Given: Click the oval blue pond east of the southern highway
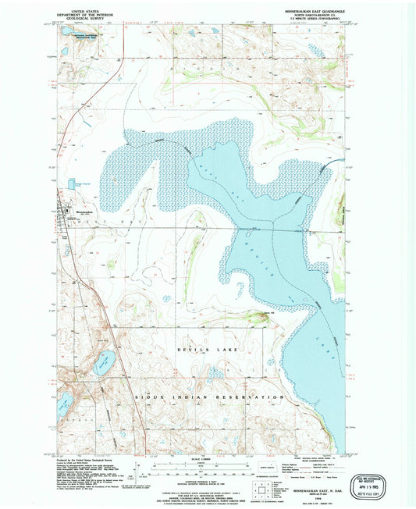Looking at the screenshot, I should click(103, 361).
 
